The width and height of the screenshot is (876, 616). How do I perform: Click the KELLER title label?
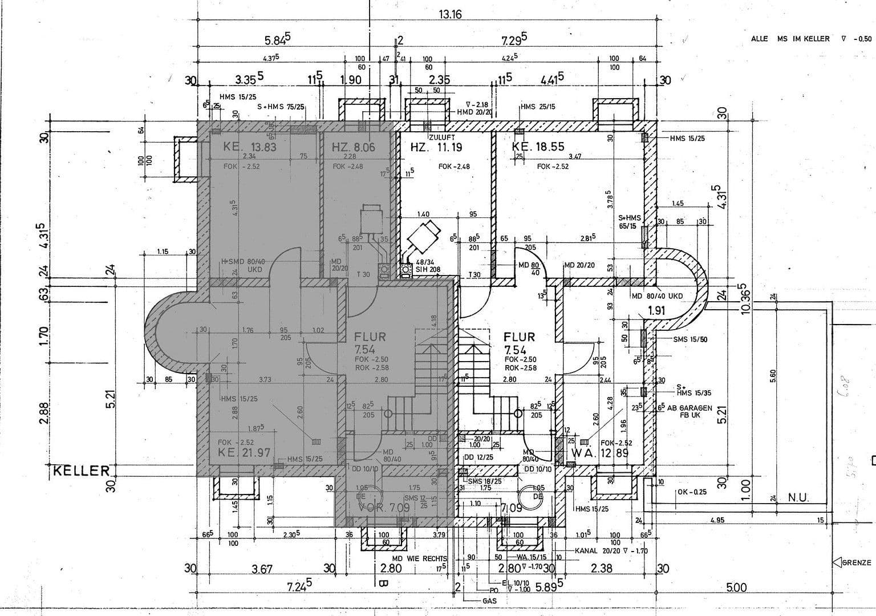[x=82, y=471]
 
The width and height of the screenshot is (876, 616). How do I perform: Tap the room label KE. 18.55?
[x=538, y=147]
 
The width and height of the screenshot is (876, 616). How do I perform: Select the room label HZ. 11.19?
[x=436, y=148]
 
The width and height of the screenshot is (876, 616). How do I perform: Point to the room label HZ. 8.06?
[x=354, y=148]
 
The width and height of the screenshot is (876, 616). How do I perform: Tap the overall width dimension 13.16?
[x=450, y=15]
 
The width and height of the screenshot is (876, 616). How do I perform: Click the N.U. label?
[x=798, y=498]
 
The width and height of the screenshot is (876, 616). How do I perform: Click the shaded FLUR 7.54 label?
[x=370, y=342]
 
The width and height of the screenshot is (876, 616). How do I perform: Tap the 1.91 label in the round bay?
[x=657, y=311]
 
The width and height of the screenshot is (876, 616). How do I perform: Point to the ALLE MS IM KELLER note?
[x=790, y=39]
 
